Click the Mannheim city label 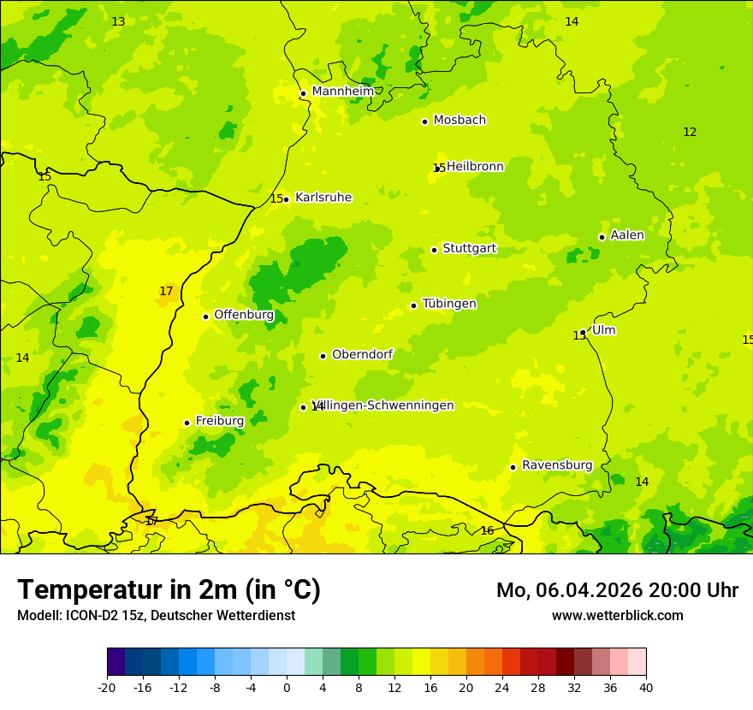[x=342, y=92]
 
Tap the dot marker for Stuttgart [x=434, y=250]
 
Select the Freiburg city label [x=219, y=421]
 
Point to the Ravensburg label [x=556, y=465]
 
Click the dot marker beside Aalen [x=602, y=237]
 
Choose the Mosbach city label [x=459, y=121]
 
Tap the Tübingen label [x=448, y=304]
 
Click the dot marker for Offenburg [x=205, y=317]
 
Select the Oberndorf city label [x=362, y=354]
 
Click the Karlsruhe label [x=323, y=198]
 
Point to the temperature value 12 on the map [x=690, y=132]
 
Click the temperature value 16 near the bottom [x=487, y=531]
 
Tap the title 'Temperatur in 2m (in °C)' [x=169, y=590]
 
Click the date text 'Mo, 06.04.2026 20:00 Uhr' [x=617, y=590]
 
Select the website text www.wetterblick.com [x=617, y=616]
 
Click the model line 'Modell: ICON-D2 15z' [x=156, y=616]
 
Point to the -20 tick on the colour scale [x=107, y=688]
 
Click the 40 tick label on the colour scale [x=646, y=688]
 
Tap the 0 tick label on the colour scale [x=287, y=688]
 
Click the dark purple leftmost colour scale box [x=116, y=662]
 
